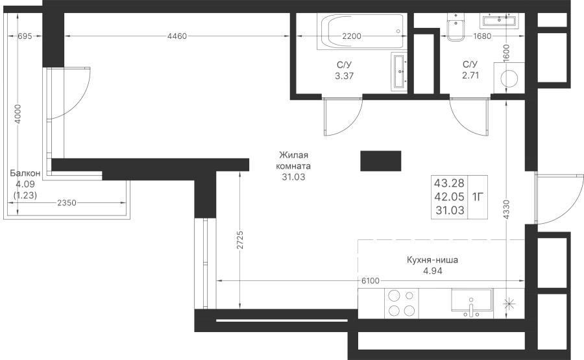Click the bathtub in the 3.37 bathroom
[360, 31]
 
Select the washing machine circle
[509, 79]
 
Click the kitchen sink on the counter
[472, 303]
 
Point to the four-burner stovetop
[402, 303]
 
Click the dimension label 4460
[177, 36]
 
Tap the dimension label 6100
[371, 281]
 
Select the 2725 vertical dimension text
[240, 240]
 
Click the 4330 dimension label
[506, 210]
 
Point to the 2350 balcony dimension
[67, 203]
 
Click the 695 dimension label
[25, 36]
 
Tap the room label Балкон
[25, 173]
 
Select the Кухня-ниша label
[432, 260]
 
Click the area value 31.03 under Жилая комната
[293, 177]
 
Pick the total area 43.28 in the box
[449, 183]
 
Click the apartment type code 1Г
[478, 197]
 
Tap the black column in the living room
[381, 161]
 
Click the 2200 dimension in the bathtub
[352, 36]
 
